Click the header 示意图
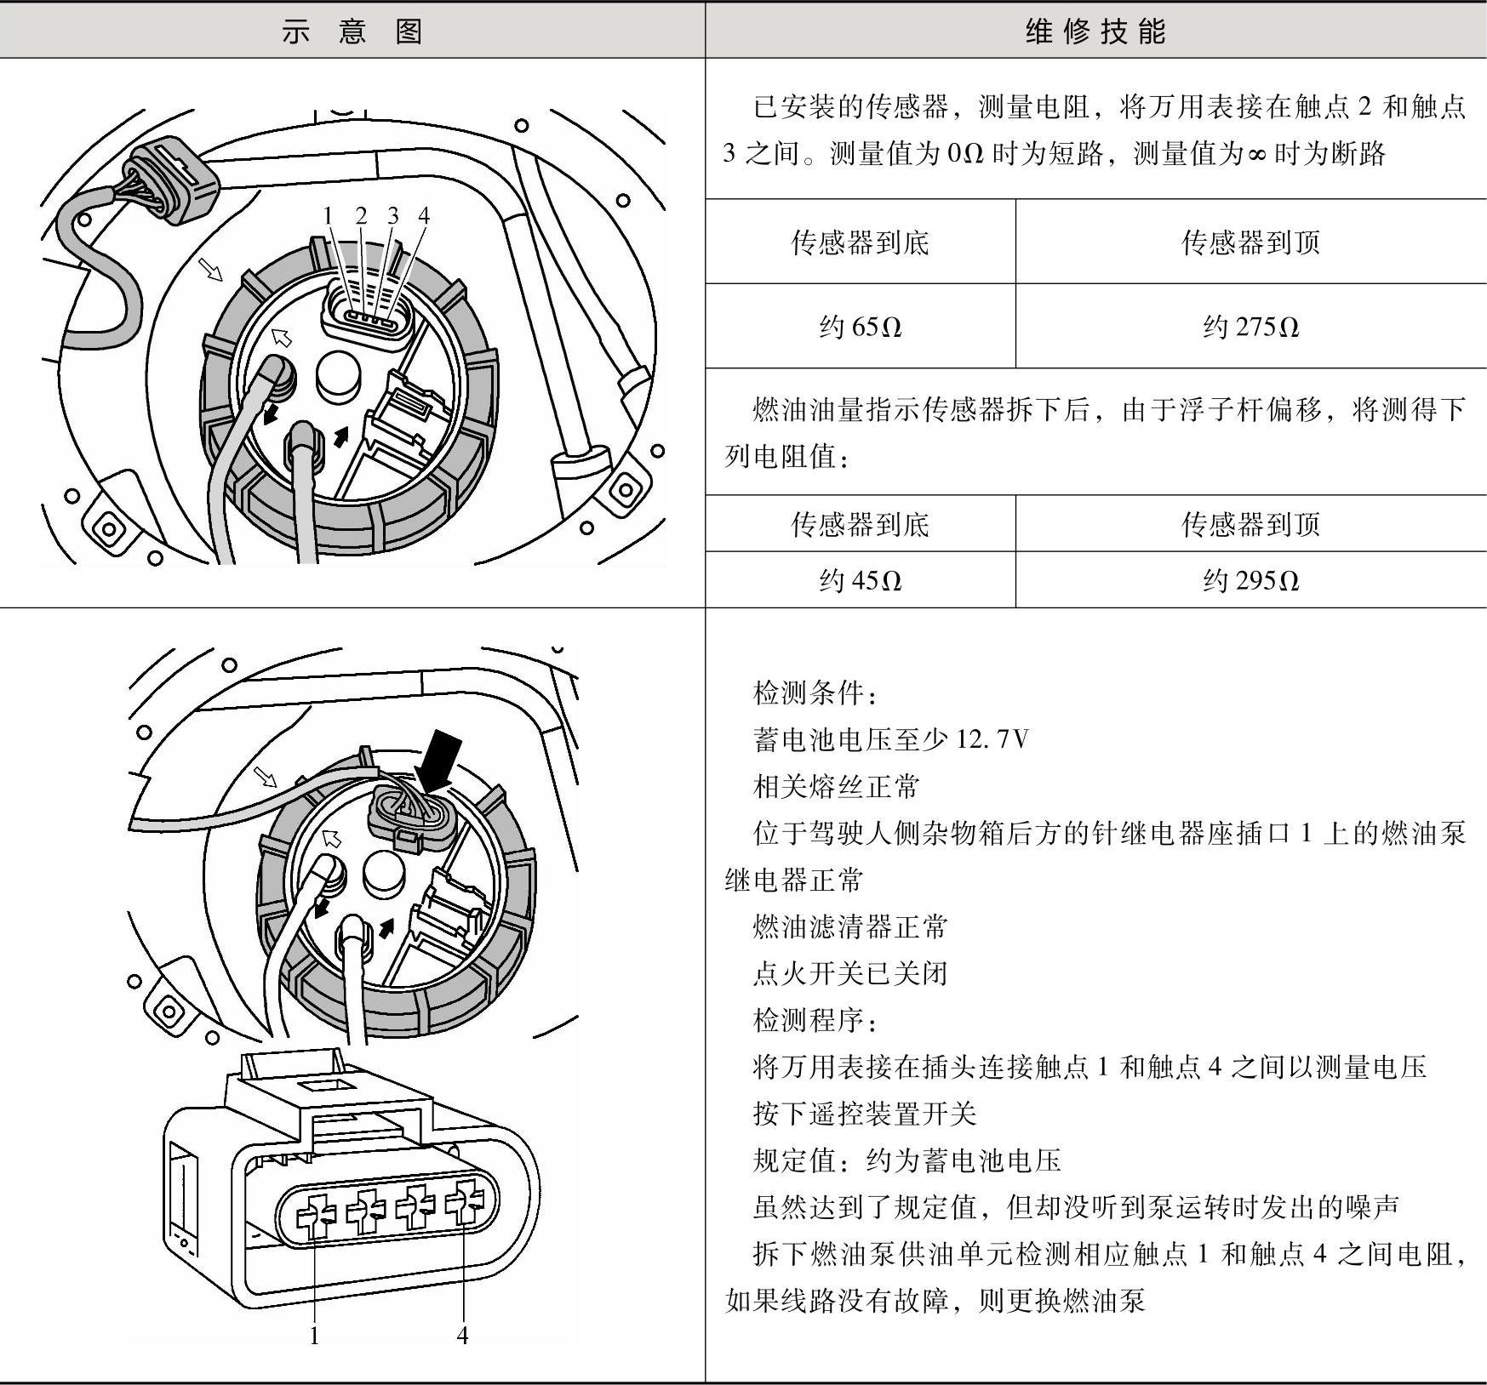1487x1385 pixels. (352, 31)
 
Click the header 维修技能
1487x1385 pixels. (1095, 31)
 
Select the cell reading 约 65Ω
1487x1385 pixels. (860, 327)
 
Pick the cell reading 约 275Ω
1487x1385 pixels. (1250, 327)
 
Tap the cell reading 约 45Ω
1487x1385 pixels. (860, 580)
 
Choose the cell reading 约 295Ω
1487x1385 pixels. (1250, 580)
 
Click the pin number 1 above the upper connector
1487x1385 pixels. (328, 216)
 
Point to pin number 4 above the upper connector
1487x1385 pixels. (423, 216)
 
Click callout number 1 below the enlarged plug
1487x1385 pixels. (314, 1336)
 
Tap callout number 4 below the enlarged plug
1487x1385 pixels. (462, 1336)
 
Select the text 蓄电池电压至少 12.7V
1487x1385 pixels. (890, 739)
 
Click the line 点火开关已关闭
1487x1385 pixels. (849, 973)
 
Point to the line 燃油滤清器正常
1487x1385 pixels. (849, 926)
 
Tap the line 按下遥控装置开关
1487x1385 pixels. (864, 1114)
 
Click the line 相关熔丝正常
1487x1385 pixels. (836, 786)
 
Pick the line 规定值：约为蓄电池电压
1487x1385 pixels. (906, 1160)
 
